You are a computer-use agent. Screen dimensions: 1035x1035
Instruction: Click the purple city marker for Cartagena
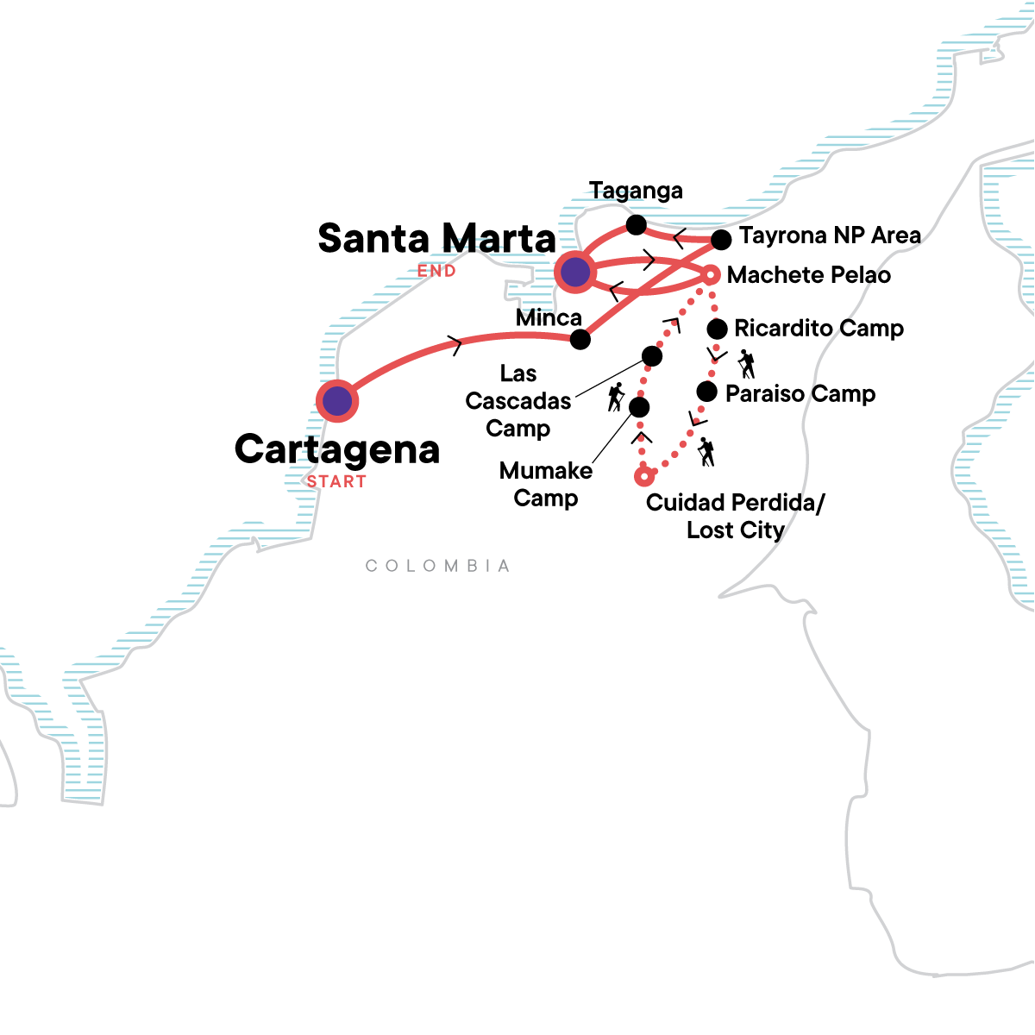(x=337, y=401)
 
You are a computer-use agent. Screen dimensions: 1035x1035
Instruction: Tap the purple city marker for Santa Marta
(x=575, y=273)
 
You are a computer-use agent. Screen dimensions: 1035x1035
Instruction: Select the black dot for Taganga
(x=636, y=225)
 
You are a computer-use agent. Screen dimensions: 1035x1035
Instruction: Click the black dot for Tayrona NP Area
(x=721, y=239)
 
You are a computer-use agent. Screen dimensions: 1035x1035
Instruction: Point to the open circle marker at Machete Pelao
(x=710, y=275)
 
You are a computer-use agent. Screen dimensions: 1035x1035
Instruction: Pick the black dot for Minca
(x=580, y=339)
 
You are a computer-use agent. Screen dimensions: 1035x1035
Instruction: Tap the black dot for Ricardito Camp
(x=717, y=329)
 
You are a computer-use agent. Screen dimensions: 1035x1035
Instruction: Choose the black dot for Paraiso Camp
(x=706, y=392)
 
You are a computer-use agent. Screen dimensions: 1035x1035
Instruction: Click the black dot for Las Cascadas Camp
(x=652, y=355)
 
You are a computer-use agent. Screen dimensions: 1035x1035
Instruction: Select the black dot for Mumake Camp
(x=639, y=407)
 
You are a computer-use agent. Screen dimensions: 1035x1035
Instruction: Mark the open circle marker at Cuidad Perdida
(x=643, y=476)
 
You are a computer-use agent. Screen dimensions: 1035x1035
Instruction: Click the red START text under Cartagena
(x=336, y=482)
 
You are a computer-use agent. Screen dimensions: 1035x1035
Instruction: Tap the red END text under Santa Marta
(x=436, y=271)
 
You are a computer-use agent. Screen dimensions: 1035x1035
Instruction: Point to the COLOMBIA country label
(x=437, y=566)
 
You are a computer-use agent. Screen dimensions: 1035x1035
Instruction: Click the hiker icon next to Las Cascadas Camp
(x=615, y=397)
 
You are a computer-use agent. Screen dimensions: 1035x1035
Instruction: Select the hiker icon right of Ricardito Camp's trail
(x=747, y=364)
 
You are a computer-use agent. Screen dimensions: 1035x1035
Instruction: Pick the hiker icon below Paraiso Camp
(x=706, y=452)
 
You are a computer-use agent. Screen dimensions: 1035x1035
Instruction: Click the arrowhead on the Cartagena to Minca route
(x=456, y=346)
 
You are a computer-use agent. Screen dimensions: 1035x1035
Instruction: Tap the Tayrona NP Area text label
(x=830, y=235)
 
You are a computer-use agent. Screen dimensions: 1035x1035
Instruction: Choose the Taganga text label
(x=636, y=191)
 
